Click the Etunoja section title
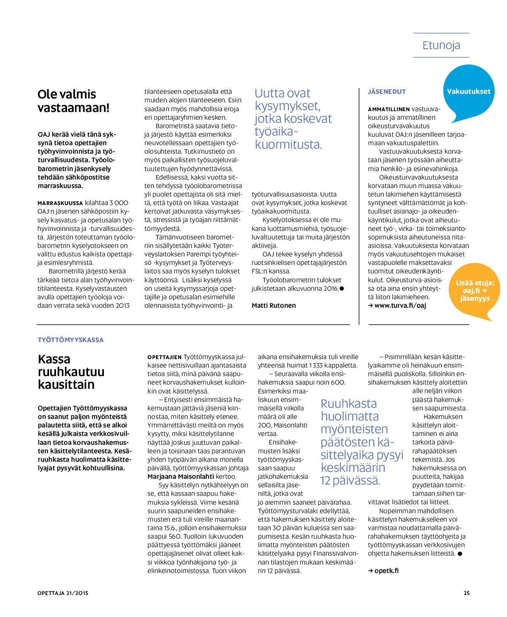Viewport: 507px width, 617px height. (441, 46)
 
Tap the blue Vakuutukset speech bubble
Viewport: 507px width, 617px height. (468, 92)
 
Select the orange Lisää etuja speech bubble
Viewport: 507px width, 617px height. (475, 291)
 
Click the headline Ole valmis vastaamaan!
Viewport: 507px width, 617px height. (73, 101)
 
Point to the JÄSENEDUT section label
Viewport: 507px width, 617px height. (387, 92)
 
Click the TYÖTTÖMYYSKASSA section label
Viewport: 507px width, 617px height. (71, 340)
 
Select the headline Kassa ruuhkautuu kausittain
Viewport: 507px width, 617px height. (71, 371)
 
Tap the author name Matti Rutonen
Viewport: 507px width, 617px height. (274, 305)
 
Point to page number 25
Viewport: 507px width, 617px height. (466, 593)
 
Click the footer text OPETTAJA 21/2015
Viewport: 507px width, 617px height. (63, 593)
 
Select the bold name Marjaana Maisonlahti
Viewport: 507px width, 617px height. (181, 476)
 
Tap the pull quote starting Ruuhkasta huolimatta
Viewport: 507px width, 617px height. (361, 442)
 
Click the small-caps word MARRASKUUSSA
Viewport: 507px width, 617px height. (60, 203)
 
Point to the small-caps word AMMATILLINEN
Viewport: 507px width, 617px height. (389, 109)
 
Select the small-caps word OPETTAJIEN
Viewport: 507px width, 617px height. (164, 357)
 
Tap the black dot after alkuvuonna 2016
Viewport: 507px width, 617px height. (342, 288)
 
